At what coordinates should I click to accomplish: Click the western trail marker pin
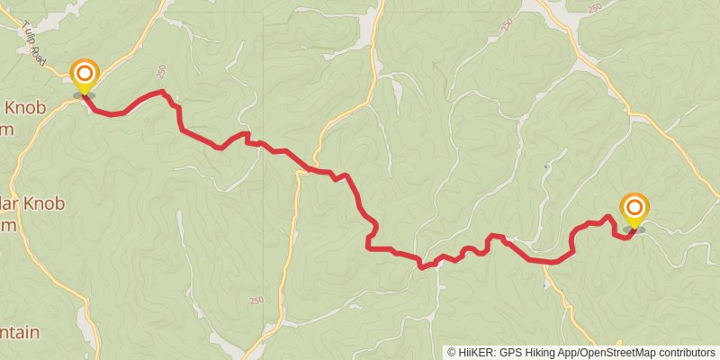(x=85, y=76)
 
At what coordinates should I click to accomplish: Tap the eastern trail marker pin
(x=634, y=210)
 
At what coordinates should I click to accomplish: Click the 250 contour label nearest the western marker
(x=161, y=70)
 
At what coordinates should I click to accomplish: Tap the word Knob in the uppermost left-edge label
(x=26, y=108)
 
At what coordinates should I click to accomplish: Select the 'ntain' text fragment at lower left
(x=20, y=332)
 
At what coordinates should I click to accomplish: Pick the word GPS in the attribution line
(x=510, y=353)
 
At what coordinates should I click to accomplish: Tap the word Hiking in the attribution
(x=540, y=353)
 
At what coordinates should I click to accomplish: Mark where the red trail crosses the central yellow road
(x=309, y=168)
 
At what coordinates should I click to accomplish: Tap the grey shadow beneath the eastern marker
(x=634, y=230)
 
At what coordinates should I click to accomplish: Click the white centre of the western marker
(x=85, y=71)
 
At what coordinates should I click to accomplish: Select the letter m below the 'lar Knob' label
(x=9, y=226)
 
